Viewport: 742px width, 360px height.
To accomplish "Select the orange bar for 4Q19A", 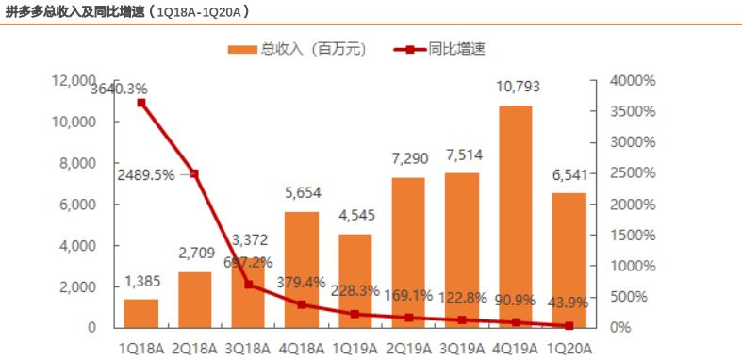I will click(515, 217).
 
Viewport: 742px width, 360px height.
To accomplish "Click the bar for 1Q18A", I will click(140, 313).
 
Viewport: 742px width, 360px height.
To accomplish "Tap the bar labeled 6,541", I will click(569, 260).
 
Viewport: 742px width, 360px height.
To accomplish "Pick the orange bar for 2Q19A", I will click(408, 253).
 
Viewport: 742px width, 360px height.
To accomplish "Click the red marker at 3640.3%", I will click(140, 102).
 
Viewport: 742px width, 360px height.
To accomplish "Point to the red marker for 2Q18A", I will click(194, 173).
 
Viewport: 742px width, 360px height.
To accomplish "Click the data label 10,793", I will click(515, 89).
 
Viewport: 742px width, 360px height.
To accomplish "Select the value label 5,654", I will click(301, 194).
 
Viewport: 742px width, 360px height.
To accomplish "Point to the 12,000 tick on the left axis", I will click(74, 81).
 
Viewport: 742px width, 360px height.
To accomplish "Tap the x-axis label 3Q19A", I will click(461, 348).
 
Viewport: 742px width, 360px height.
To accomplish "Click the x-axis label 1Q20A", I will click(569, 348).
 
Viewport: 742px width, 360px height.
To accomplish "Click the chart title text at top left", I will click(127, 10).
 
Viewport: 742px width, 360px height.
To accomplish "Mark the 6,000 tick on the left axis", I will click(78, 204).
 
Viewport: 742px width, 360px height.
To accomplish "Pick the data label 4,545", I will click(355, 217).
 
